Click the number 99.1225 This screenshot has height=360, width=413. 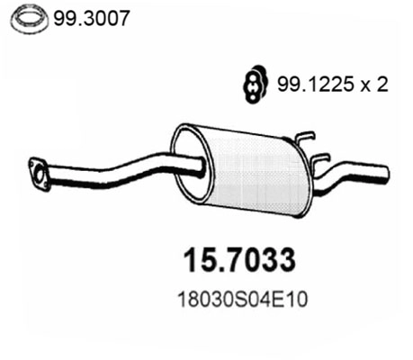[x=311, y=85]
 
